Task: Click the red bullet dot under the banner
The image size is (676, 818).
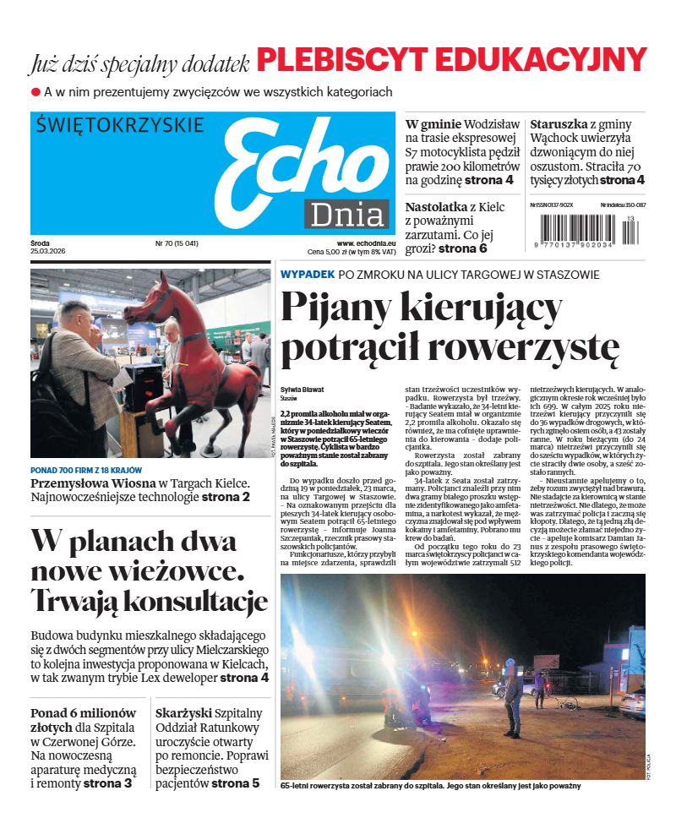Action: [35, 91]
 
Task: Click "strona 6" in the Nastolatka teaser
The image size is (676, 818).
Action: [462, 248]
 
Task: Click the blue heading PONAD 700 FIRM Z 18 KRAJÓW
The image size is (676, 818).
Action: [86, 470]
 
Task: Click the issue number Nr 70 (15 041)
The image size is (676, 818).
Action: [177, 243]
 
